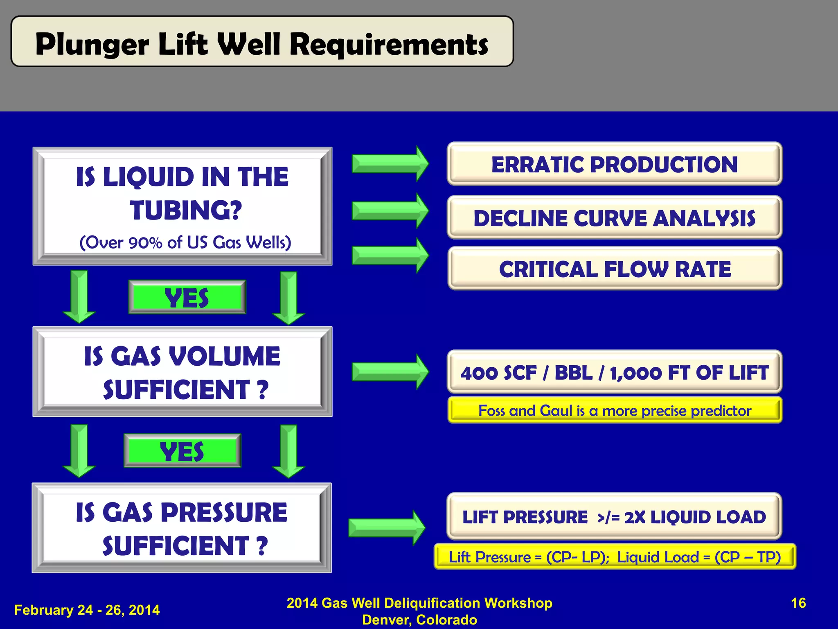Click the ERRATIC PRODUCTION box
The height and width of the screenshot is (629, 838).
coord(614,164)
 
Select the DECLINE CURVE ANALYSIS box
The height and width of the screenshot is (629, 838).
coord(614,218)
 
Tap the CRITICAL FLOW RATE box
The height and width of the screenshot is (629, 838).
coord(614,269)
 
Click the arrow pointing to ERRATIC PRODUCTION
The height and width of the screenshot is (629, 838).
coord(390,164)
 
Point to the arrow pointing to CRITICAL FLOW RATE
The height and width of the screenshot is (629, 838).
coord(390,256)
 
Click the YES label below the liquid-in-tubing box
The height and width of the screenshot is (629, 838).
coord(187,297)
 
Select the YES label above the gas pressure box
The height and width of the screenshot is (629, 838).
coord(182,451)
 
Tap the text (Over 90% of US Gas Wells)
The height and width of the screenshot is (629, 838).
coord(185,242)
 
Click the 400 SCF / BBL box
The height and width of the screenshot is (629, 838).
coord(614,372)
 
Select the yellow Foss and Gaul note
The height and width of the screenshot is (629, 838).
coord(614,410)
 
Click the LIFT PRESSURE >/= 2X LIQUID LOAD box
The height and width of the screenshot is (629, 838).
coord(614,517)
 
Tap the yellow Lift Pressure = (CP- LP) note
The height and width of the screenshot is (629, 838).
coord(614,557)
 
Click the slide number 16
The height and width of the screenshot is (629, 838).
coord(798,603)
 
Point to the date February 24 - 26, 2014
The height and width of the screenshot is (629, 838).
coord(87,610)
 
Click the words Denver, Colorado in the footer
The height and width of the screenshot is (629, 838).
coord(419,620)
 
